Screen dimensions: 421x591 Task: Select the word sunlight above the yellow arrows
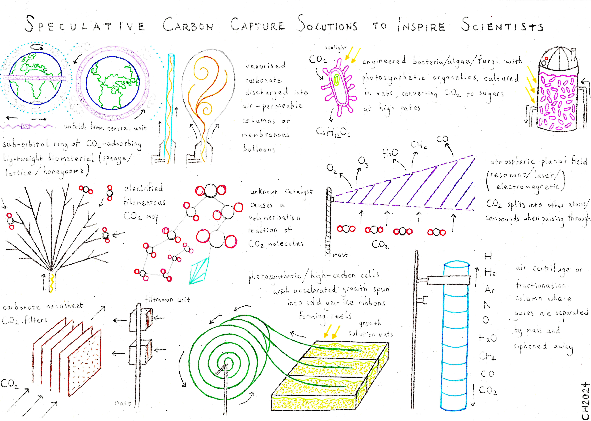pyautogui.click(x=336, y=48)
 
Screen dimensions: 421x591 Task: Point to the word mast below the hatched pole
pyautogui.click(x=340, y=255)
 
